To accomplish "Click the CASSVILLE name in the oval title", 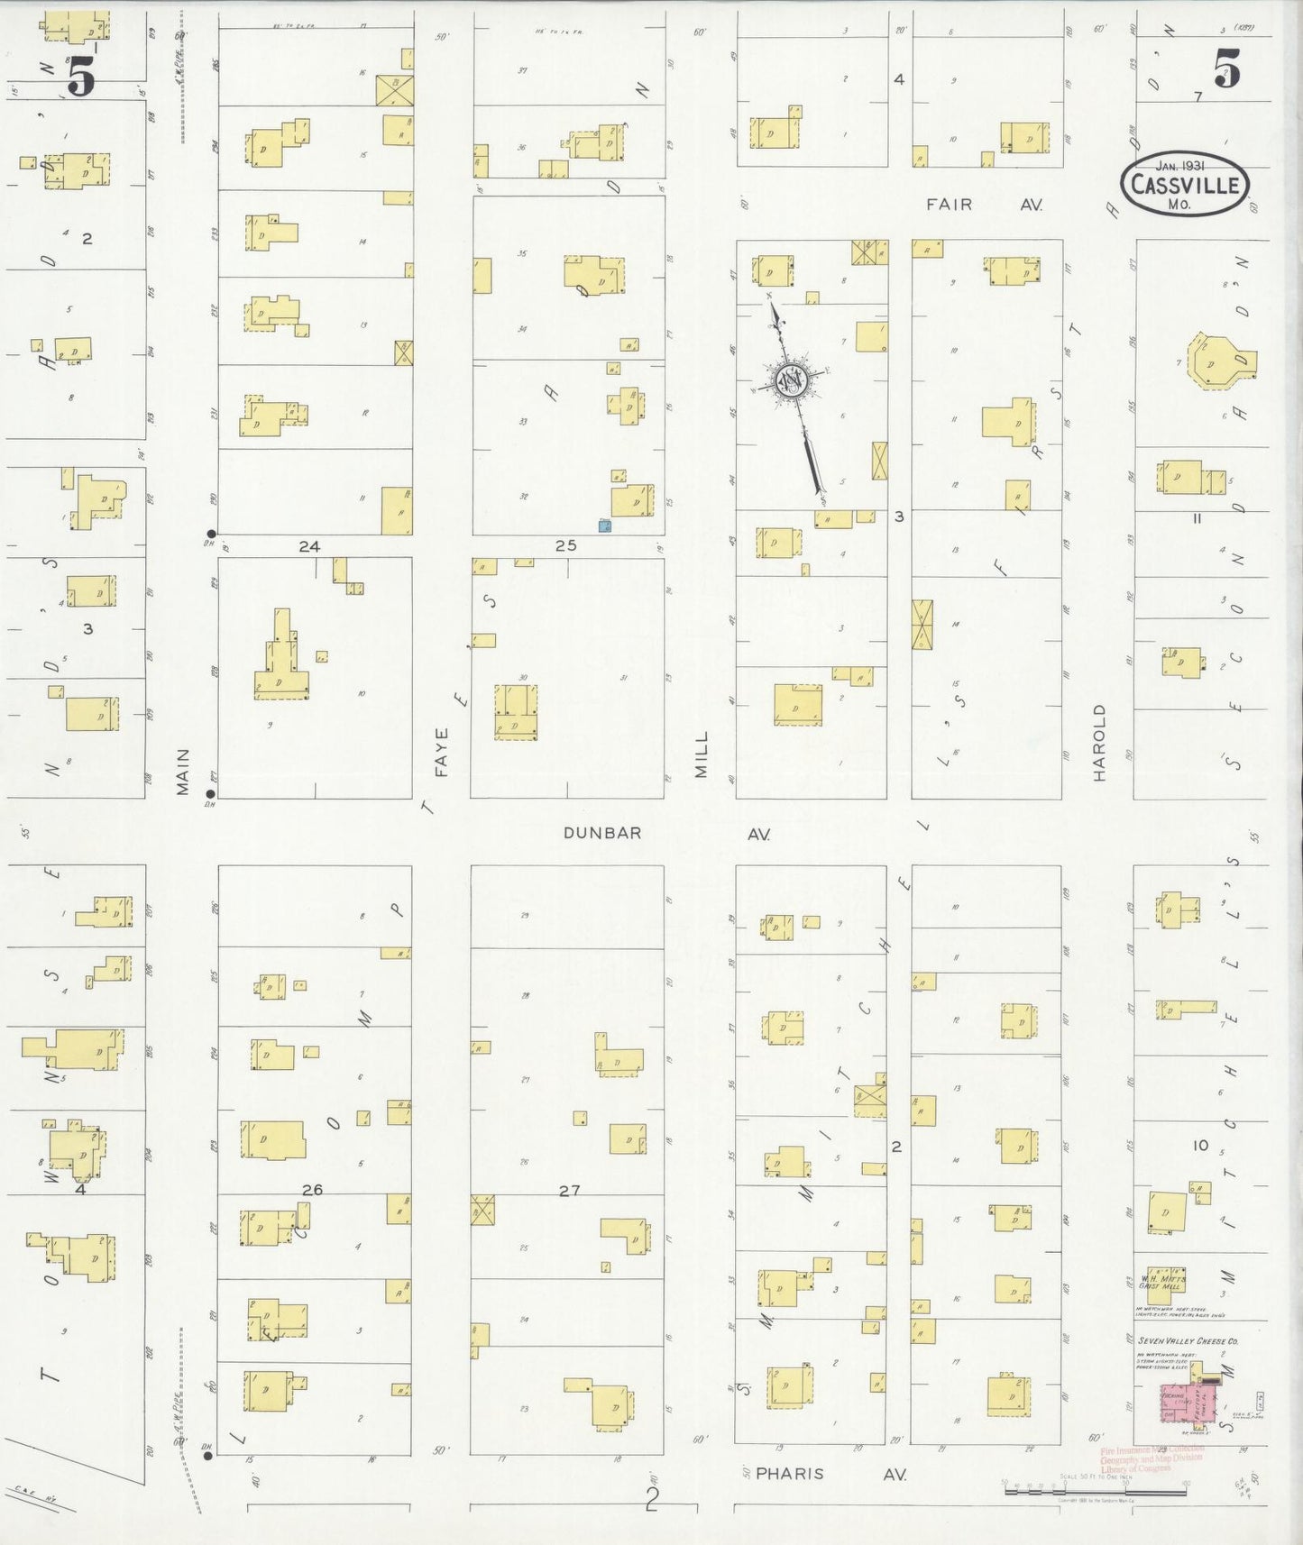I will click(x=1185, y=186).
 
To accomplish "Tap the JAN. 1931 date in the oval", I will click(x=1182, y=166).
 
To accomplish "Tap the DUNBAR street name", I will click(x=602, y=833).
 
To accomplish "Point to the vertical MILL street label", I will click(x=702, y=755).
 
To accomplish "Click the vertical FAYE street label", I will click(x=441, y=753).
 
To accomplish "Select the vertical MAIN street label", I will click(x=183, y=772).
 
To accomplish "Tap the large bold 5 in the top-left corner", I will click(x=81, y=75).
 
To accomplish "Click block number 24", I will click(x=309, y=546).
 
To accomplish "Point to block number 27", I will click(x=568, y=1190).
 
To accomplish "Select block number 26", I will click(x=311, y=1190).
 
